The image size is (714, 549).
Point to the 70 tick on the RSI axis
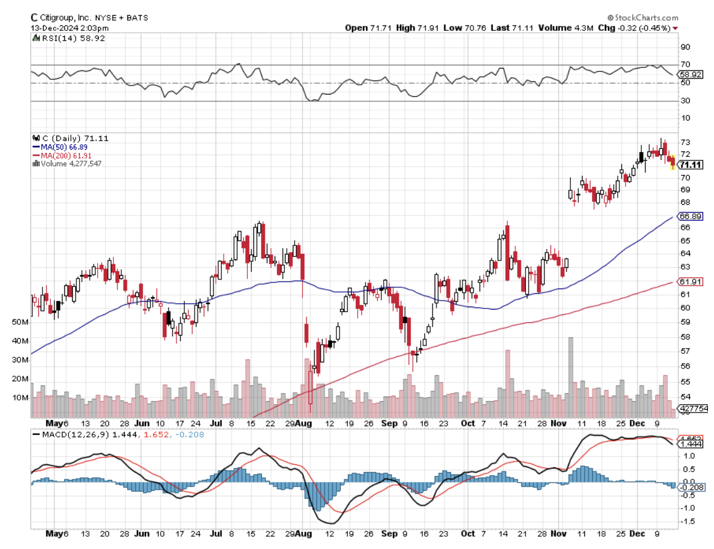(x=686, y=64)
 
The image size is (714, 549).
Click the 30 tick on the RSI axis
(x=686, y=101)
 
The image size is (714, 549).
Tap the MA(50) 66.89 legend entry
(x=56, y=147)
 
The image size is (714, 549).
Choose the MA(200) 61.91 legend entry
(x=58, y=155)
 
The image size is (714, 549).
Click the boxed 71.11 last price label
(x=690, y=165)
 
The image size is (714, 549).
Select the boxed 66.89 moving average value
(x=690, y=216)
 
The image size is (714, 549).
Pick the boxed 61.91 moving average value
(x=690, y=282)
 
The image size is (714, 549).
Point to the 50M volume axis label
(x=21, y=322)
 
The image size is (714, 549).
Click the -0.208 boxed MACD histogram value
(x=690, y=487)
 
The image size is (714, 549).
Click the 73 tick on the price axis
(x=686, y=142)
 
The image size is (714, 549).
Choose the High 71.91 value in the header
(x=415, y=28)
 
